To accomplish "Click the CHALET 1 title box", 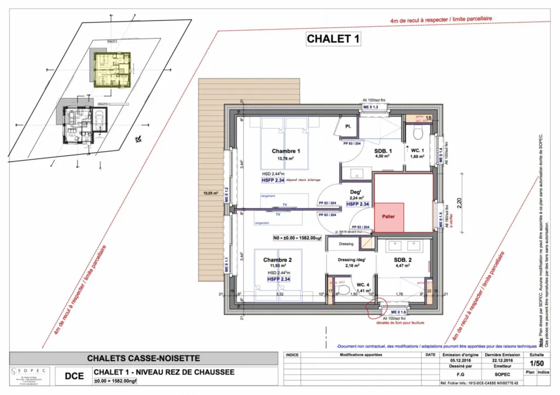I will point(333,39).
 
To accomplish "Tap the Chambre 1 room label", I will point(285,151).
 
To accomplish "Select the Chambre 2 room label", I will point(277,260).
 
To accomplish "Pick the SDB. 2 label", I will point(404,260).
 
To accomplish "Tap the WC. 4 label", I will point(355,284).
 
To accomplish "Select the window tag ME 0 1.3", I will point(370,107).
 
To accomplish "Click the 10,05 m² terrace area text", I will point(211,193).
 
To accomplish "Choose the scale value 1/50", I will point(534,362).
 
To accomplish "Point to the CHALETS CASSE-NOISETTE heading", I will point(144,358).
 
